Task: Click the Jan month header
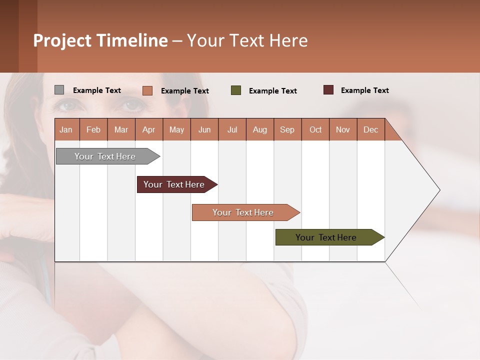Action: pyautogui.click(x=66, y=129)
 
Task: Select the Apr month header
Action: pyautogui.click(x=149, y=129)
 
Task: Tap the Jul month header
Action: pyautogui.click(x=232, y=129)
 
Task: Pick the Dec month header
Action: pyautogui.click(x=370, y=129)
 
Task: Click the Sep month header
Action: pyautogui.click(x=287, y=129)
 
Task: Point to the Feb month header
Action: pyautogui.click(x=93, y=129)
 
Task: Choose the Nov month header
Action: pyautogui.click(x=343, y=129)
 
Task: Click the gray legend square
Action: pyautogui.click(x=59, y=90)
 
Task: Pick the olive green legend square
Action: pyautogui.click(x=236, y=90)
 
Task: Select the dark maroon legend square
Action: pyautogui.click(x=328, y=90)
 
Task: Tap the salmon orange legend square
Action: pyautogui.click(x=147, y=90)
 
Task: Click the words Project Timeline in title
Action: pyautogui.click(x=100, y=40)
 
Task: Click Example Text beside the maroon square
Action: pyautogui.click(x=364, y=90)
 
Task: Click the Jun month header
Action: pyautogui.click(x=204, y=129)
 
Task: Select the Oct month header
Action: pyautogui.click(x=315, y=129)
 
